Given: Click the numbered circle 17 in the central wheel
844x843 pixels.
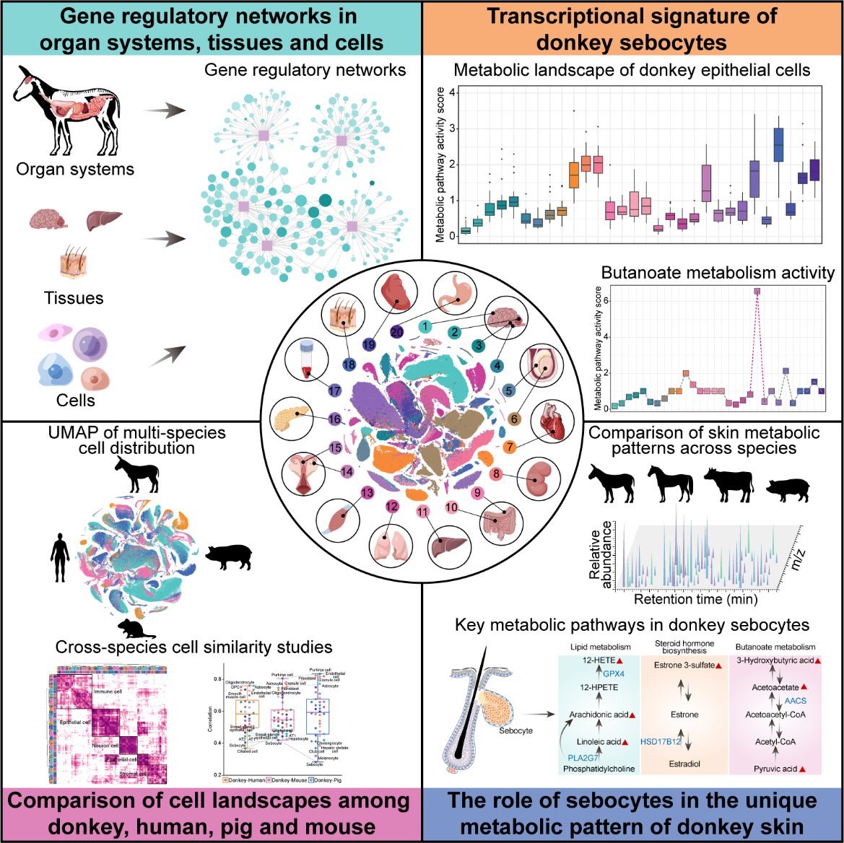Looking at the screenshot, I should pos(334,390).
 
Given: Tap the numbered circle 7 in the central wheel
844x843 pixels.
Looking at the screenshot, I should pos(510,447).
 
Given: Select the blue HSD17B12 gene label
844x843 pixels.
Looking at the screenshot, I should pos(661,741).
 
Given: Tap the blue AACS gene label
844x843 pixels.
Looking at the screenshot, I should pos(796,701).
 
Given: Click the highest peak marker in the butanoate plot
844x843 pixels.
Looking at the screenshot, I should pos(757,292).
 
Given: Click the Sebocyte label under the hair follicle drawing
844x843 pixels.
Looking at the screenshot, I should pos(515,731).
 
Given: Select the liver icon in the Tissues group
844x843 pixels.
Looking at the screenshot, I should pos(104,220).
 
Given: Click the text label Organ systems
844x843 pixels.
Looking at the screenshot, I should pos(75,170).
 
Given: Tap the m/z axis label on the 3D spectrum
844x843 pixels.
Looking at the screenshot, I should pos(799,558).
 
